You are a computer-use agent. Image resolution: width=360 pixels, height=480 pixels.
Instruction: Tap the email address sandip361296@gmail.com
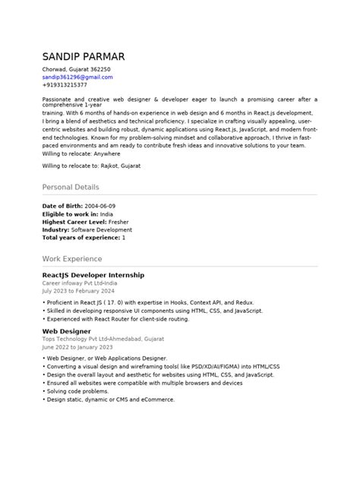(x=77, y=77)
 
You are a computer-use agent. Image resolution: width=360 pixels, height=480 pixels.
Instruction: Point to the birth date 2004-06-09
(x=101, y=207)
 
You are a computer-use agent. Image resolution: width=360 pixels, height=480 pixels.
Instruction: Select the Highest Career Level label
(x=73, y=222)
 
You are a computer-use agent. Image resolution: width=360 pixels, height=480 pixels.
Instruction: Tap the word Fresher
(x=118, y=222)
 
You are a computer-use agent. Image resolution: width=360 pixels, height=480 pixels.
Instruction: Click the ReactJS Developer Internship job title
(x=93, y=274)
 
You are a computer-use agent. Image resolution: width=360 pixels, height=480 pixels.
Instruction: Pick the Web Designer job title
(x=67, y=331)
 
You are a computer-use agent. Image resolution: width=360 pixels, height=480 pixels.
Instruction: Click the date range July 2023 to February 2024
(x=78, y=290)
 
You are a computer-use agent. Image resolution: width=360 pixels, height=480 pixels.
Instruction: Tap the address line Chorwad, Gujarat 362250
(x=75, y=69)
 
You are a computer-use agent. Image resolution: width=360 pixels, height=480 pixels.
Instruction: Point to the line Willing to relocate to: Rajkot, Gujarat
(x=91, y=165)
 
